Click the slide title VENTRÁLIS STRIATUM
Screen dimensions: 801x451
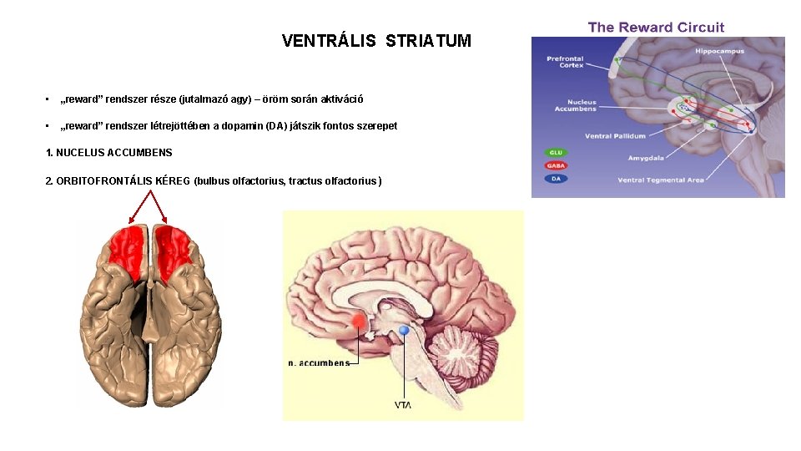376,41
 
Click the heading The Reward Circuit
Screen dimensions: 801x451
656,27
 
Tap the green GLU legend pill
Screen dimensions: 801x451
556,153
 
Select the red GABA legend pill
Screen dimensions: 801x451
556,165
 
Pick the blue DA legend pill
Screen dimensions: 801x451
556,178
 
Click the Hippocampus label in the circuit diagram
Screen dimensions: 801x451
720,51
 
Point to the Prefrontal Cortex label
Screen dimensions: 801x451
565,62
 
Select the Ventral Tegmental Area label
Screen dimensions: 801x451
661,180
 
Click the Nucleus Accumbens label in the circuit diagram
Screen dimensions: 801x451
577,105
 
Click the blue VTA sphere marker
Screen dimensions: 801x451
404,331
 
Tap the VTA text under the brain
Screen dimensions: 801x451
402,405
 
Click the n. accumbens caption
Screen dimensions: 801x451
318,362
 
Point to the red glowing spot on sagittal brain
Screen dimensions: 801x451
359,321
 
